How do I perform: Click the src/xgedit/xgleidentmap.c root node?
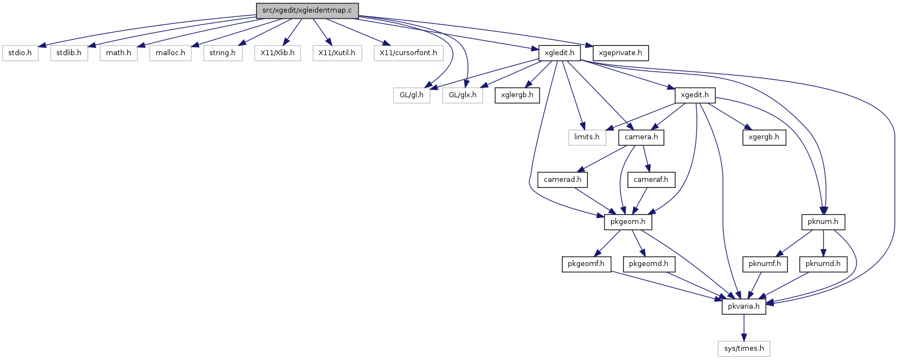pos(307,10)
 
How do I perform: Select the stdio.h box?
pos(20,53)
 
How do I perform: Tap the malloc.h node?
pos(171,53)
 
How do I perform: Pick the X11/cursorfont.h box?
pos(408,53)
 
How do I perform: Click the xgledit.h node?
pos(560,53)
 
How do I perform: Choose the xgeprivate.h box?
pos(620,53)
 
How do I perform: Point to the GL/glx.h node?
pos(462,96)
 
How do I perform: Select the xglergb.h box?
pos(517,96)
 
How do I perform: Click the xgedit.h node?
pos(695,96)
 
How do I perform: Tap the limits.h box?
pos(587,138)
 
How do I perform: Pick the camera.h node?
pos(641,138)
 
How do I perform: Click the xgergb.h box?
pos(764,138)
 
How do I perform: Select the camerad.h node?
pos(562,180)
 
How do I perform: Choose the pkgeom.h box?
pos(628,222)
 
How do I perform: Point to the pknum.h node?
pos(823,222)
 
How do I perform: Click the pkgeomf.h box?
pos(586,264)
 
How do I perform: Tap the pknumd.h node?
pos(823,264)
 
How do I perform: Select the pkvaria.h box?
pos(744,306)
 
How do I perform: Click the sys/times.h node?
pos(744,349)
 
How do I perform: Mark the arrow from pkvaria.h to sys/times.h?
pos(744,328)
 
